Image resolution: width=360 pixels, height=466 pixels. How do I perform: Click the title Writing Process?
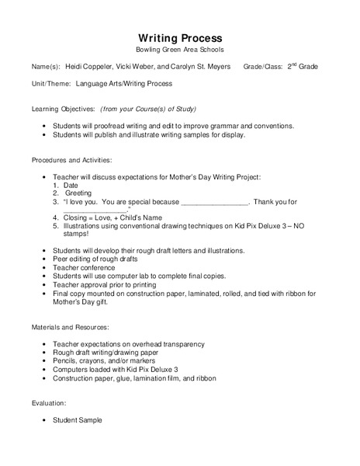pyautogui.click(x=180, y=38)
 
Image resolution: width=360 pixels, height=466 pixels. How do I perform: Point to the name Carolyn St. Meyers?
pyautogui.click(x=205, y=68)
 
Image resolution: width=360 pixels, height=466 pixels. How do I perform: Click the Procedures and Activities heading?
pyautogui.click(x=71, y=160)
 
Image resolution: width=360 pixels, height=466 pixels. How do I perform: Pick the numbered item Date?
pyautogui.click(x=71, y=185)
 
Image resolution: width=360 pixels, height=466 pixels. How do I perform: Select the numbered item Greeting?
pyautogui.click(x=78, y=193)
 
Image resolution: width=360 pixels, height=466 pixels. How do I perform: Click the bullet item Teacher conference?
pyautogui.click(x=85, y=267)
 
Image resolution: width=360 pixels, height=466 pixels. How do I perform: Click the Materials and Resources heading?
pyautogui.click(x=70, y=328)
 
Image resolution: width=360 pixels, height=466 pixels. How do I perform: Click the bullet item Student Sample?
pyautogui.click(x=77, y=420)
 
